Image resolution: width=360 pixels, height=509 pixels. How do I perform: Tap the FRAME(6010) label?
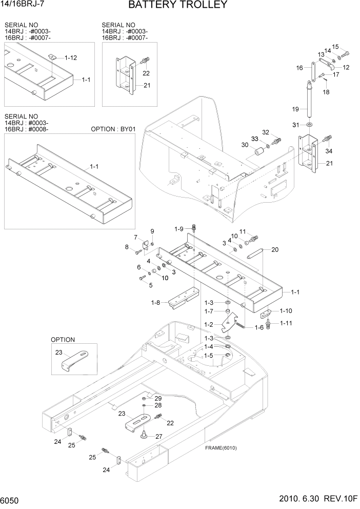click(221, 447)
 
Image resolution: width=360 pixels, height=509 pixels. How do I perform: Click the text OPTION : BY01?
click(113, 129)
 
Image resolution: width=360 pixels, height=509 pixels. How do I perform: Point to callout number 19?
click(295, 109)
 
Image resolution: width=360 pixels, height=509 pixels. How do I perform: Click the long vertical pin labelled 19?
click(310, 101)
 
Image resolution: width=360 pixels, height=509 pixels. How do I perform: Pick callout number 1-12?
click(70, 57)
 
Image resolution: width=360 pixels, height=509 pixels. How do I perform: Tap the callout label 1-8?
click(156, 303)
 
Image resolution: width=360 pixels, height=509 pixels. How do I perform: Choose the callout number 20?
click(275, 250)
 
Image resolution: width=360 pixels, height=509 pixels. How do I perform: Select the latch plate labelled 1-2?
click(229, 323)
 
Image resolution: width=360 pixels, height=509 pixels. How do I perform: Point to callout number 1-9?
click(179, 229)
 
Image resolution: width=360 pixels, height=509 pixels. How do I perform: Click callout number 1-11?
click(286, 323)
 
